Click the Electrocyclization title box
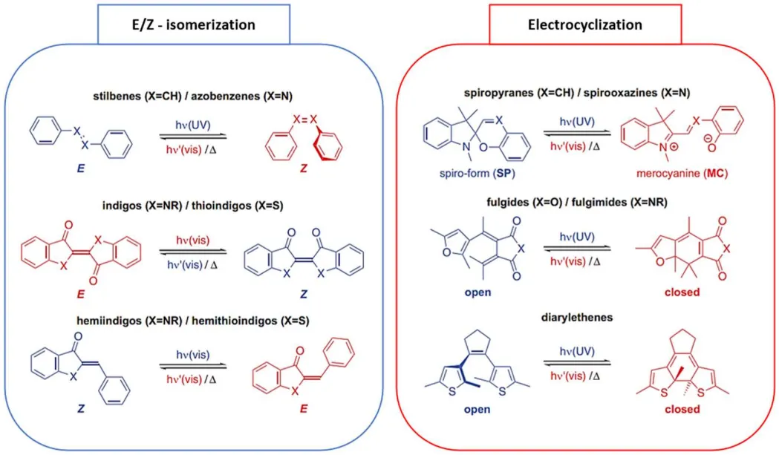click(584, 24)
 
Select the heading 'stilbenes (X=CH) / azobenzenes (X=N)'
click(191, 96)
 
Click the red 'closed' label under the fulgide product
click(682, 292)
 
